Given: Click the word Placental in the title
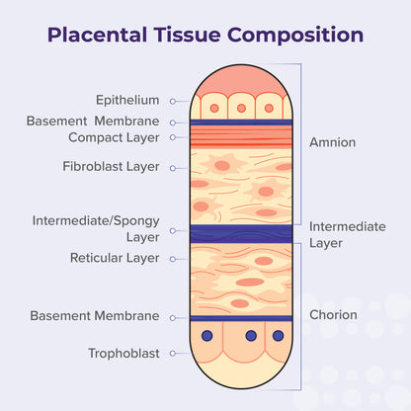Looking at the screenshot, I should [x=97, y=36].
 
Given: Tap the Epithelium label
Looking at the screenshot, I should [x=126, y=100].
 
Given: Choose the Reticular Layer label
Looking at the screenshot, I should [x=114, y=258].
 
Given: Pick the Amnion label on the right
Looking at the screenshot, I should [x=332, y=142].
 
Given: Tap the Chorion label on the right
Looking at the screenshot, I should [x=333, y=316].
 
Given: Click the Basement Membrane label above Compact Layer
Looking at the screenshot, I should [x=93, y=121].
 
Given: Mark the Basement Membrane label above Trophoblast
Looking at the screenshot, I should [x=95, y=316].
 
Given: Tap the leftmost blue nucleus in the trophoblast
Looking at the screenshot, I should [x=207, y=337].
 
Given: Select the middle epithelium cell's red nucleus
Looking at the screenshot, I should [x=240, y=108].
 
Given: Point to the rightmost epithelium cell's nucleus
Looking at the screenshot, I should [x=268, y=108].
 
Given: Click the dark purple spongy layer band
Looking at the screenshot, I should [x=240, y=233].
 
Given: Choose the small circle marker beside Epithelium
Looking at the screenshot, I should [x=172, y=101].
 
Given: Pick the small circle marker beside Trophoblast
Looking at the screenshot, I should [x=172, y=353].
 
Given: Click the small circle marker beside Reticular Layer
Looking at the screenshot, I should [x=172, y=259].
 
